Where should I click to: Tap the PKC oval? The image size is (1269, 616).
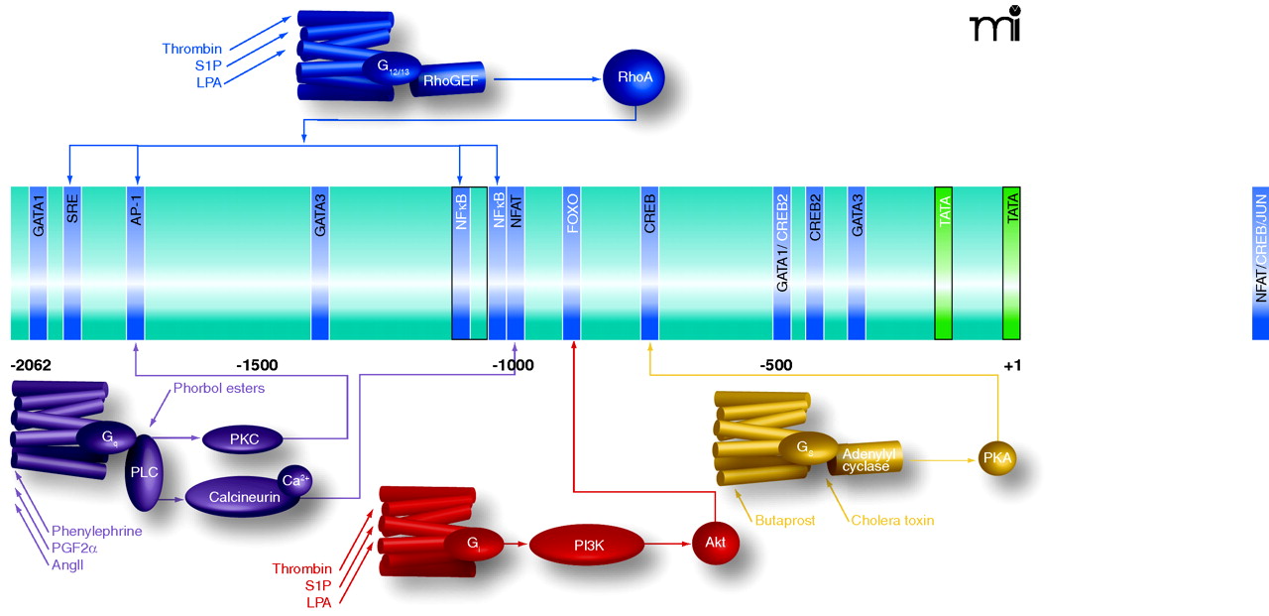point(243,437)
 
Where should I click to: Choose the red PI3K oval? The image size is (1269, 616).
point(587,544)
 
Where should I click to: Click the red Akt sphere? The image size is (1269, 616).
point(716,544)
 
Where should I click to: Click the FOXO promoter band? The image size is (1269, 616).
point(572,263)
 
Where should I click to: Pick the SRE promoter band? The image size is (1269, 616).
point(71,263)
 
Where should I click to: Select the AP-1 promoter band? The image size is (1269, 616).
point(137,263)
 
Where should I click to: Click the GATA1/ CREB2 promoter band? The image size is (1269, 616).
point(782,263)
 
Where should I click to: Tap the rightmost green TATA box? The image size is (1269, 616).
point(1011,263)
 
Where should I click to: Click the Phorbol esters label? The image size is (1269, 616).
point(219,388)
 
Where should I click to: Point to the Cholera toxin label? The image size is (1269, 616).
point(892,520)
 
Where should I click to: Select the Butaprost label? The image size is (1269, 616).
point(785,520)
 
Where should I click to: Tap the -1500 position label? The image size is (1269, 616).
point(257,365)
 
